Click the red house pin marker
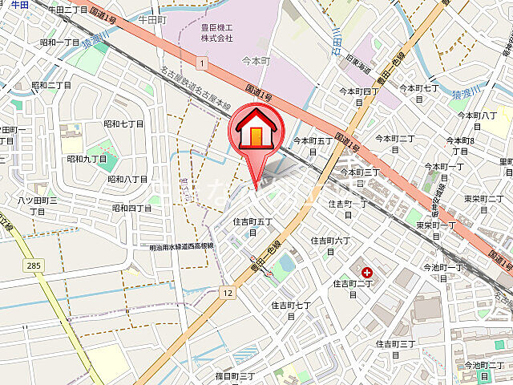[x=255, y=132]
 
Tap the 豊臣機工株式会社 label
[x=216, y=33]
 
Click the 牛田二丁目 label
[x=68, y=10]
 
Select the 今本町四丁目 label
[x=360, y=97]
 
